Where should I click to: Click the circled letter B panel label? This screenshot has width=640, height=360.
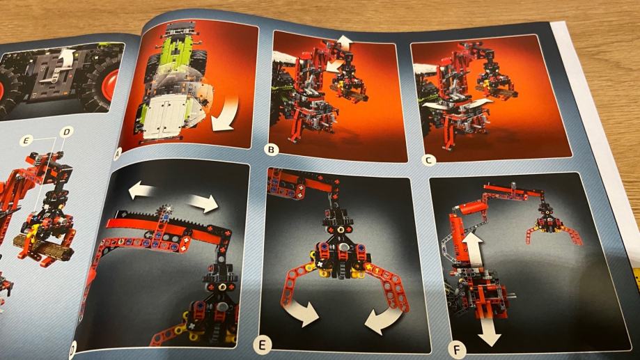271,150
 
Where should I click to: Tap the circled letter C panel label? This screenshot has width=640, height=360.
428,160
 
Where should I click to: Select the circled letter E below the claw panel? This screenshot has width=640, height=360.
261,345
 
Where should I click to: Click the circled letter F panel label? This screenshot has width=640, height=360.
456,350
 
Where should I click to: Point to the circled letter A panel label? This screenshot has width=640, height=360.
118,155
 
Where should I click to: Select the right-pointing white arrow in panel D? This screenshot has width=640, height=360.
204,203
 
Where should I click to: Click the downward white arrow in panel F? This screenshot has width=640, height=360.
489,330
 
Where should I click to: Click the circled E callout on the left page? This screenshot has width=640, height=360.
26,141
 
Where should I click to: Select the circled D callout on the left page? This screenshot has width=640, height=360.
67,132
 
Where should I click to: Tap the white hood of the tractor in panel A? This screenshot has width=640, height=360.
171,116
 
